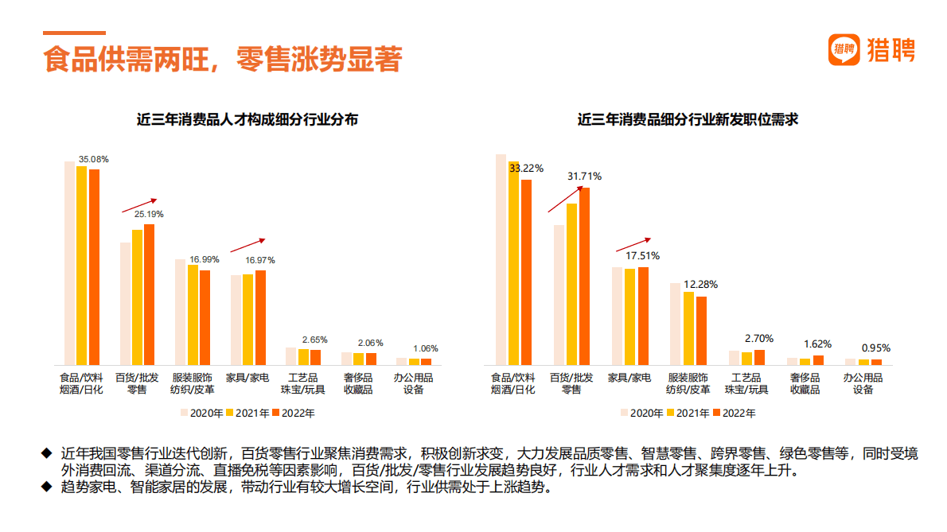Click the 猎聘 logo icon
[x=844, y=50]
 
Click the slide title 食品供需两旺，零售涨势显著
[x=222, y=60]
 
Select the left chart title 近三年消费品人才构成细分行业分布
[x=247, y=120]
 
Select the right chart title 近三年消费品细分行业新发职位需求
[x=688, y=120]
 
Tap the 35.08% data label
[x=93, y=159]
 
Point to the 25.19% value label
[x=149, y=214]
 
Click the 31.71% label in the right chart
[x=583, y=176]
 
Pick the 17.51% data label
[x=642, y=256]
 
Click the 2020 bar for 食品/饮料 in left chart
[x=69, y=262]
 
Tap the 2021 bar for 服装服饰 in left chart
[x=193, y=314]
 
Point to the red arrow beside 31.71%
[x=565, y=200]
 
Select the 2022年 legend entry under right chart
[x=733, y=413]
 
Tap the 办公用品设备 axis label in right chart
[x=863, y=383]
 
